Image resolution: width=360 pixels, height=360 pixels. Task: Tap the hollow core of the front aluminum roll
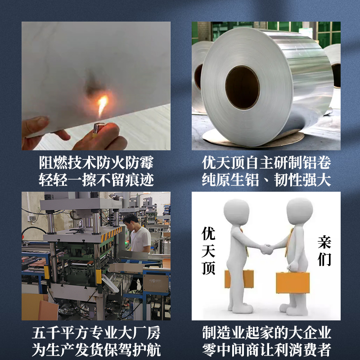click(x=243, y=87)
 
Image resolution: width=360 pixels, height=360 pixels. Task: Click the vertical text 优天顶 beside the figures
click(x=208, y=251)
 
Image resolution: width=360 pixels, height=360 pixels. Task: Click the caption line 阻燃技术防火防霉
click(x=96, y=163)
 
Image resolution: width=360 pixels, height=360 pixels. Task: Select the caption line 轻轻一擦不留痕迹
click(x=96, y=180)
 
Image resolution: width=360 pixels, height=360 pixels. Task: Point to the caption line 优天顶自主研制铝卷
click(x=266, y=163)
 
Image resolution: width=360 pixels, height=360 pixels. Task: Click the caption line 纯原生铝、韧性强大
click(x=266, y=180)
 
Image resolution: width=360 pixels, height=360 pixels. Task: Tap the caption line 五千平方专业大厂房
click(x=96, y=333)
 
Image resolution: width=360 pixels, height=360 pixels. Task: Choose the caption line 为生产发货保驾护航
click(x=96, y=350)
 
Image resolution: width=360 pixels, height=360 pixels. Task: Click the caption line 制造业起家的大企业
click(x=266, y=333)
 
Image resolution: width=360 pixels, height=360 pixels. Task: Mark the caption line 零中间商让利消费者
click(x=266, y=350)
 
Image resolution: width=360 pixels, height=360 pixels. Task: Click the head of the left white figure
click(x=237, y=211)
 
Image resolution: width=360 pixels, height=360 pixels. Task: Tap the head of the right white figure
click(x=299, y=210)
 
